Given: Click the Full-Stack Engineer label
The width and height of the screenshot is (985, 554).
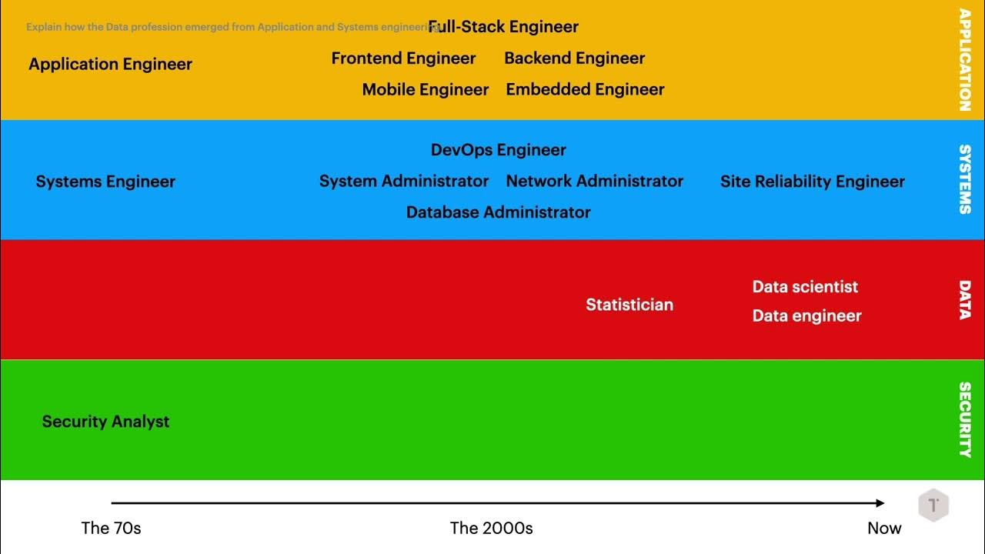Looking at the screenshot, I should pos(503,27).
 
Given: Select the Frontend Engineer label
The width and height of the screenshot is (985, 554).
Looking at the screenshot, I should pos(403,58).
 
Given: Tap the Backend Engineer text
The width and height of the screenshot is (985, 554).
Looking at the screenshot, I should pos(574,58).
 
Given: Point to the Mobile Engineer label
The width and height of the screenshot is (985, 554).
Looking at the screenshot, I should pos(426,90).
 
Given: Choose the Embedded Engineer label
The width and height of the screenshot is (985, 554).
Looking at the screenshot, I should pos(585,90).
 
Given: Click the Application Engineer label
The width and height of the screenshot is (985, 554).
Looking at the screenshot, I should pos(110,65).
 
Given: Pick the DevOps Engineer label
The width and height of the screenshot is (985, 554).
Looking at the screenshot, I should pos(498,150).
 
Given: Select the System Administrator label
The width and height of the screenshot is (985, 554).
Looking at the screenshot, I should pos(404,182).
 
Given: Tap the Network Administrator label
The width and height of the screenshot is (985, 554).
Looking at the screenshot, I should pos(594,182).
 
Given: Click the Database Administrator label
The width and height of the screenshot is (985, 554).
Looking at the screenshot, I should pos(498,212).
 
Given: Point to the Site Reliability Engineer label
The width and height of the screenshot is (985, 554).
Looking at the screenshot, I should pos(812,182).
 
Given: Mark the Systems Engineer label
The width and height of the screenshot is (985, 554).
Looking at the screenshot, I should pos(105,182).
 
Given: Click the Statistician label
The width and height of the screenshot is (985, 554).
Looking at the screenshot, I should pos(629,305).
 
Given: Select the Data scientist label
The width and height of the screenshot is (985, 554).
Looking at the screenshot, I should pos(805,287).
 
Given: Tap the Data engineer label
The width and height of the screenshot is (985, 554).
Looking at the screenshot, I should pos(806,316).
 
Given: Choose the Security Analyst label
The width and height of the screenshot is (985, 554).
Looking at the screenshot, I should pos(105,422).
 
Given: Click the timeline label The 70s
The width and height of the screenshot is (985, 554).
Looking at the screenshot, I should pos(111,529).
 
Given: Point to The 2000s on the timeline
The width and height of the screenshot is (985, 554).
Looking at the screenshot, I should pos(491,529).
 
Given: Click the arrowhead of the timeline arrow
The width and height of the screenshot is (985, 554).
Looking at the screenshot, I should pos(880,503).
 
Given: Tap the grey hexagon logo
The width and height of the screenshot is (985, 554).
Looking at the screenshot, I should pos(933,506).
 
